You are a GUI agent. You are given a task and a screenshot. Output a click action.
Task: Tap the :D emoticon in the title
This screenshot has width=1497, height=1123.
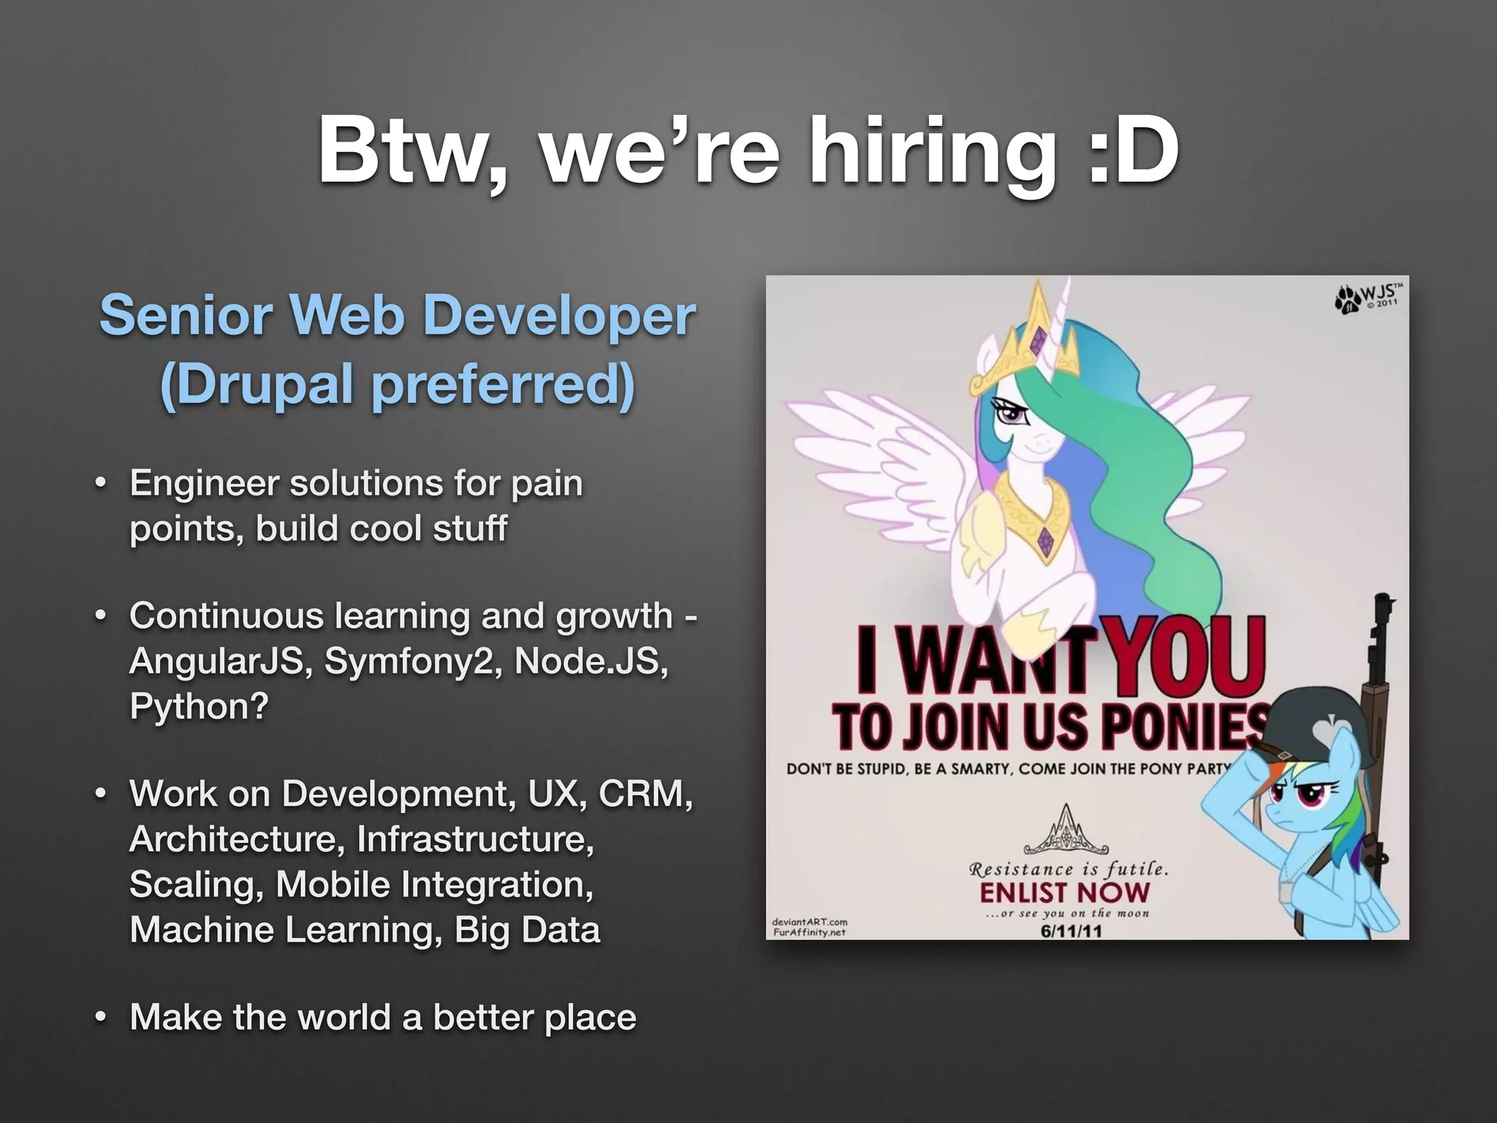(x=1134, y=151)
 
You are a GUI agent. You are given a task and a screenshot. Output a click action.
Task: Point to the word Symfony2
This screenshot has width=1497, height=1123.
(x=412, y=661)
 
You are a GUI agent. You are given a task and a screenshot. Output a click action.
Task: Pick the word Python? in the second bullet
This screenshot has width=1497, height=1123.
(x=199, y=706)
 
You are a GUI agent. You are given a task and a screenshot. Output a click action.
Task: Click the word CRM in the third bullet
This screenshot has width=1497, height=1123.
(x=643, y=793)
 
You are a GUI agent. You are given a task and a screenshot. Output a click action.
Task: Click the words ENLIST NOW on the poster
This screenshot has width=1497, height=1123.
(x=1064, y=892)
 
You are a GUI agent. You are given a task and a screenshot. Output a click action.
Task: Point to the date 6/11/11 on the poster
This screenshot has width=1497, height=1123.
(x=1072, y=931)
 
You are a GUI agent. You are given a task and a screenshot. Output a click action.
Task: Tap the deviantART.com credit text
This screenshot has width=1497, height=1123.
(x=809, y=922)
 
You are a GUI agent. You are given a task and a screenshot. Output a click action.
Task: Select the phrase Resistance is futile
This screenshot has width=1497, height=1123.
(x=1068, y=869)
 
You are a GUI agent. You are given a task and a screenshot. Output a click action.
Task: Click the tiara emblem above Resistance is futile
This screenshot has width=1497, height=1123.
(x=1066, y=831)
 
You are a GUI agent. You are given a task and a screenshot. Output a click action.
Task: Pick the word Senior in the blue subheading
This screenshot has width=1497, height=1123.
(x=187, y=316)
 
